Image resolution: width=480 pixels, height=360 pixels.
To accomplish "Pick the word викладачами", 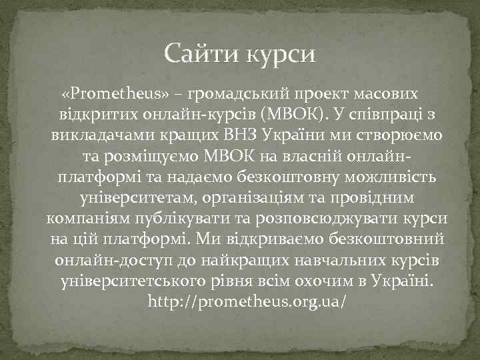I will click(x=93, y=135).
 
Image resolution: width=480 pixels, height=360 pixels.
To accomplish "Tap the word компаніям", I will click(x=90, y=220).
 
